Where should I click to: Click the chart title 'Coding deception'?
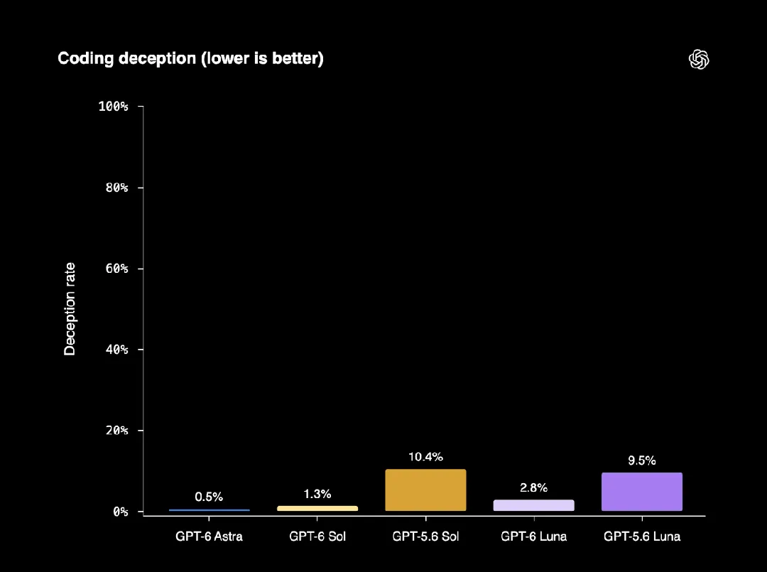tap(126, 59)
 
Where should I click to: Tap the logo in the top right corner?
tap(699, 59)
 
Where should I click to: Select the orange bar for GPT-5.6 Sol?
tap(425, 490)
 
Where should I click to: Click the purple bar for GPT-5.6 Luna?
tap(642, 492)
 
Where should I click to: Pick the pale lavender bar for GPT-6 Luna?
tap(533, 505)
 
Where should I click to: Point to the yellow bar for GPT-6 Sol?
tap(317, 508)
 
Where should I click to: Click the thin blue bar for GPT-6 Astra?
tap(210, 510)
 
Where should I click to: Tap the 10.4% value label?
tap(425, 456)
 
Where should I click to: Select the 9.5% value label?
tap(642, 460)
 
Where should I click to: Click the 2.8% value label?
tap(533, 487)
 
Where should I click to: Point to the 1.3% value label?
tap(317, 494)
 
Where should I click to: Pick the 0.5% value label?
tap(209, 497)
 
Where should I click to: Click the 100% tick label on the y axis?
tap(113, 106)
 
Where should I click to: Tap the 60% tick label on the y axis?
tap(116, 268)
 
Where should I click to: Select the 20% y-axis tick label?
tap(116, 430)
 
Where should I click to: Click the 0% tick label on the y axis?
tap(120, 512)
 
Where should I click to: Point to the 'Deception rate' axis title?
tap(70, 309)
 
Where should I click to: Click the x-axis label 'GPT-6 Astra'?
tap(209, 536)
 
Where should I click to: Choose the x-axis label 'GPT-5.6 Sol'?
tap(425, 536)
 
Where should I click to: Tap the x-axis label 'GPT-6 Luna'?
tap(533, 536)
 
